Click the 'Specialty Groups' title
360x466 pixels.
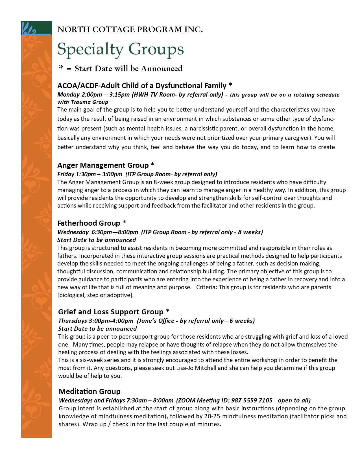(121, 49)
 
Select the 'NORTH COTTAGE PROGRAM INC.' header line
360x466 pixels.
(130, 29)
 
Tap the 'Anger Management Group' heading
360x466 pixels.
(103, 165)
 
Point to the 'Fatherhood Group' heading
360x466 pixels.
(89, 223)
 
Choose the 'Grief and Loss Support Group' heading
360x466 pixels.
(111, 312)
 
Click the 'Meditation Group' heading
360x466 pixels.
(90, 391)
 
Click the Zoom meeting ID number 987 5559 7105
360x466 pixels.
(252, 400)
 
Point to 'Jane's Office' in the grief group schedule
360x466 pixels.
(154, 321)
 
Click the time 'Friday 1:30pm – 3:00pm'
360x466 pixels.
(90, 174)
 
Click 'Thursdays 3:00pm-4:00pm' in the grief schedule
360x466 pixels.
(96, 321)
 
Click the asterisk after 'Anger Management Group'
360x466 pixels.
(152, 164)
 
